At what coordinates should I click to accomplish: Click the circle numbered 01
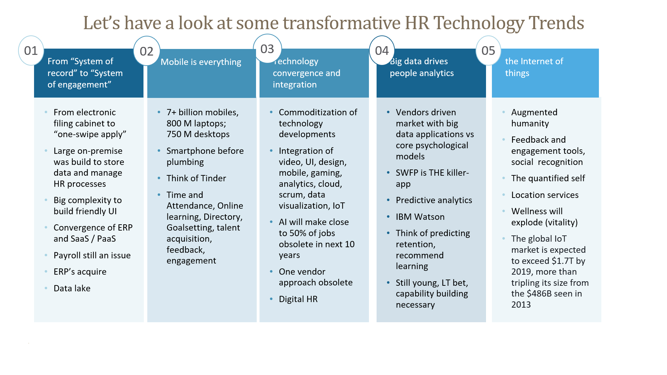pos(31,51)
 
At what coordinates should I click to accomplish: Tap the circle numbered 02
pos(147,51)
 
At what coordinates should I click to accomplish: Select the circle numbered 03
pos(267,49)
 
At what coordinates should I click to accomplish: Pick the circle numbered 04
pos(382,51)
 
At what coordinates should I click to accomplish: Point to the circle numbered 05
pos(488,51)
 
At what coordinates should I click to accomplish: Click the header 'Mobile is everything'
pos(201,62)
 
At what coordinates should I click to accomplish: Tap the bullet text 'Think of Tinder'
pos(196,178)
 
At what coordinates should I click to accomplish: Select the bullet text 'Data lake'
pos(72,289)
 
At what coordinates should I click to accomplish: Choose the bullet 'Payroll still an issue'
pos(92,256)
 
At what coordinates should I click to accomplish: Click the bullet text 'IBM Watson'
pos(420,217)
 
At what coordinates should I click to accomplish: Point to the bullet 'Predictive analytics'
pos(434,200)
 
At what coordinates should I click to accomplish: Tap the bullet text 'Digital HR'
pos(298,299)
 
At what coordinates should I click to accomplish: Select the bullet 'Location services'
pos(545,195)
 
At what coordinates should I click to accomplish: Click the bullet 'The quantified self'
pos(548,178)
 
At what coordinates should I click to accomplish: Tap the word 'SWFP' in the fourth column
pos(406,173)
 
